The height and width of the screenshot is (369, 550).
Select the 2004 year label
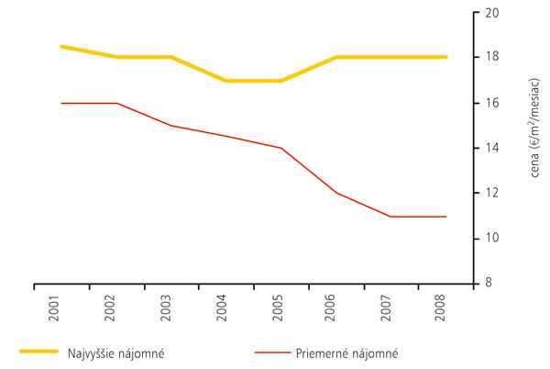(x=225, y=306)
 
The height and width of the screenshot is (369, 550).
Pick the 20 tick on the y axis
(x=491, y=13)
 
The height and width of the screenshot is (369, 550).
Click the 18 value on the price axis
(x=491, y=57)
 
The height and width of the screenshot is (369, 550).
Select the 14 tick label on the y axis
(x=491, y=148)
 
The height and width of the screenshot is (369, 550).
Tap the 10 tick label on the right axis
(x=491, y=238)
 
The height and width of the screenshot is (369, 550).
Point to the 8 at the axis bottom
(x=489, y=283)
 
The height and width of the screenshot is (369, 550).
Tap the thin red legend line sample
(x=273, y=352)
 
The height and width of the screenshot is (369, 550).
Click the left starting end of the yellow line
(x=61, y=46)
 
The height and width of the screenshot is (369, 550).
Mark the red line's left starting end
(x=61, y=103)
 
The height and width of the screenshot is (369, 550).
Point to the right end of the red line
(x=445, y=217)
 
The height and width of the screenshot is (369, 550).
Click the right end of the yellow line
(x=445, y=57)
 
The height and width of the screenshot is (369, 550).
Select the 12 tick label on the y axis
(x=491, y=193)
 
